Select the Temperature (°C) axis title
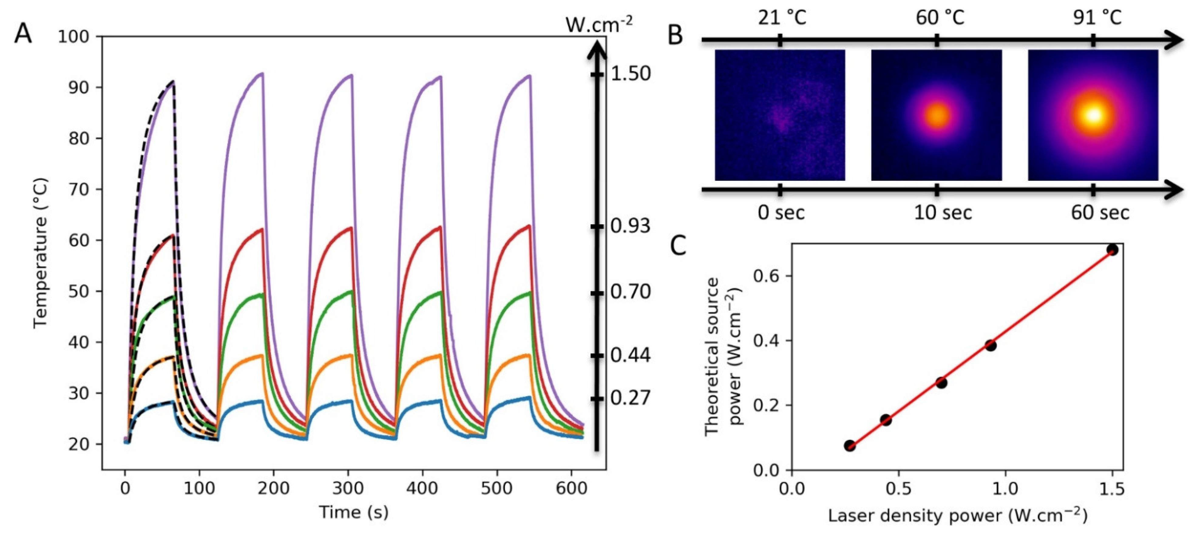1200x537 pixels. coord(41,254)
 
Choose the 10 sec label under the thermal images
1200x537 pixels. coord(942,213)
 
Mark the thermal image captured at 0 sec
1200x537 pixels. coord(780,115)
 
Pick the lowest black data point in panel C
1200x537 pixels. coord(850,445)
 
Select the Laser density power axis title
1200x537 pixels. coord(957,515)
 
